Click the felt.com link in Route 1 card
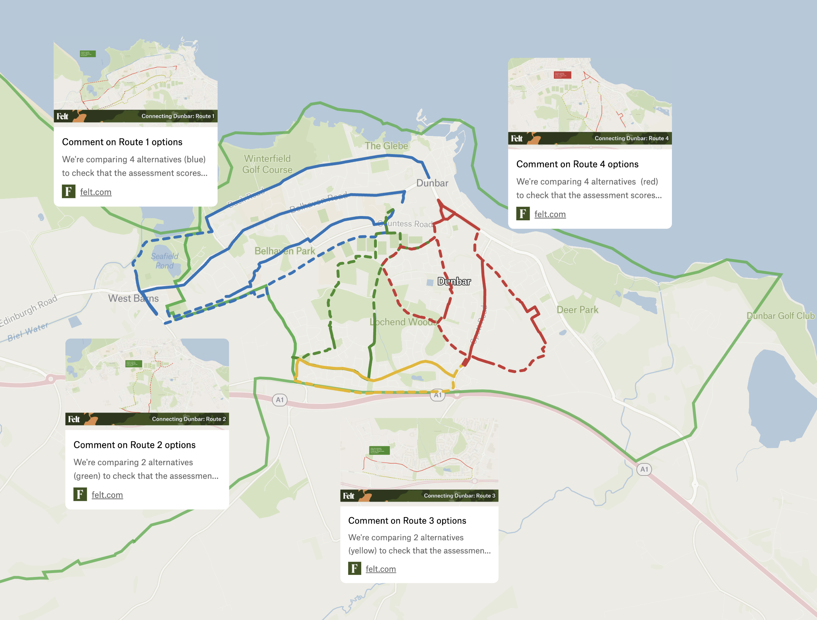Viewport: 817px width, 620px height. coord(96,192)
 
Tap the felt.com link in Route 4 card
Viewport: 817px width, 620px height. coord(550,214)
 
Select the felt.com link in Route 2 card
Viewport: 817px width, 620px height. coord(107,495)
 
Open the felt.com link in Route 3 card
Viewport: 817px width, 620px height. coord(380,569)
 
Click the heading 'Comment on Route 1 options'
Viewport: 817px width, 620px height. coord(122,142)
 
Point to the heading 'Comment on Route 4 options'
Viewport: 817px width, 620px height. coord(577,164)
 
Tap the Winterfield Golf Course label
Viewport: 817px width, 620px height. coord(267,164)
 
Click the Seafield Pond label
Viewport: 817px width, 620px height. coord(164,261)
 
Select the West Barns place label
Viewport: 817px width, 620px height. coord(133,298)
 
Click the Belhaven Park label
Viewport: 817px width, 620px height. coord(284,251)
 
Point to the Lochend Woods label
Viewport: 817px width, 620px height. coord(402,322)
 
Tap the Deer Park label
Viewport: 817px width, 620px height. coord(577,310)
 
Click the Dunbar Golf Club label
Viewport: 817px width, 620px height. coord(780,316)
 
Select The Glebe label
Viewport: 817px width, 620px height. coord(386,146)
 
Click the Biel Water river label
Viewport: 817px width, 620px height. coord(28,332)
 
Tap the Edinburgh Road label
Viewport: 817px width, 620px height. coord(29,310)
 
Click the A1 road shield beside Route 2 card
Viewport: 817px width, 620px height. coord(279,400)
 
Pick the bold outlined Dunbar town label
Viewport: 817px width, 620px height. coord(454,281)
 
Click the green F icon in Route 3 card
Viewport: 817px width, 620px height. coord(354,568)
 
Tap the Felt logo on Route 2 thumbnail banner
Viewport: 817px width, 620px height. coord(74,419)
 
